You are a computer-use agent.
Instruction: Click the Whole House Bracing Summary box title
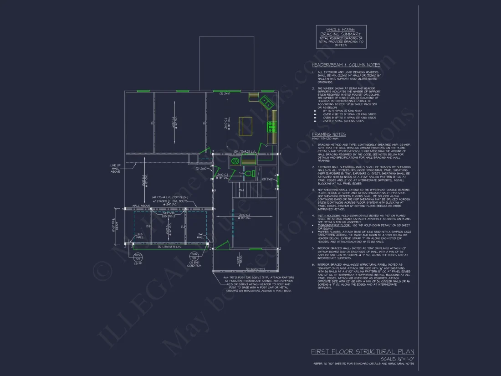point(341,31)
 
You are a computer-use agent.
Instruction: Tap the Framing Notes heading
point(329,134)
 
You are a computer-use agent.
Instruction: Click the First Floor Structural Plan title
point(363,351)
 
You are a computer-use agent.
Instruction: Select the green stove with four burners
point(272,125)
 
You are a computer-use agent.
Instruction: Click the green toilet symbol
point(249,173)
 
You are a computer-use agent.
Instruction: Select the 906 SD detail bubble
point(194,256)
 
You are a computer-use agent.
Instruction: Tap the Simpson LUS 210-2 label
point(169,215)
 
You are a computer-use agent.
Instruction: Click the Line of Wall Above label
point(115,168)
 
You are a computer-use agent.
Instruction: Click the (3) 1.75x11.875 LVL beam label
point(169,247)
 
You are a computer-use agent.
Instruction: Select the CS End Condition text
point(194,264)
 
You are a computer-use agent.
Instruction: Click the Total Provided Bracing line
point(341,41)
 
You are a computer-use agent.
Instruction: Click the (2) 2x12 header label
point(270,179)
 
